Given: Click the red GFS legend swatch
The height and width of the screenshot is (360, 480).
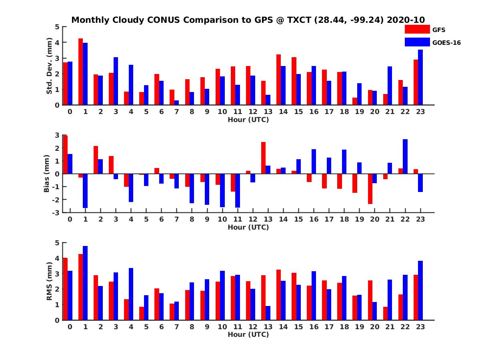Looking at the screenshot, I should click(417, 30).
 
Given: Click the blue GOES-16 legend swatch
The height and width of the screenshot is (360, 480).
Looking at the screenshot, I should click(417, 42).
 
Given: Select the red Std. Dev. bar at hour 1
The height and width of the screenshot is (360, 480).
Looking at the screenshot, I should click(81, 72).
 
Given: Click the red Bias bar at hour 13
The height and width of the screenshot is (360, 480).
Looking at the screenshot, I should click(263, 158).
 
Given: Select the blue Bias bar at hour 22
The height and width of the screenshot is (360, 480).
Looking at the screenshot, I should click(405, 156).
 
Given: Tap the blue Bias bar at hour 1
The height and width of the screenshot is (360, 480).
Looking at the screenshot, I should click(85, 191).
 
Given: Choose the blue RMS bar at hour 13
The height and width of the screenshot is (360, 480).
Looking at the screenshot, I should click(268, 313).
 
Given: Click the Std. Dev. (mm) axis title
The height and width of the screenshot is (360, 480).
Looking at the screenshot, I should click(50, 66).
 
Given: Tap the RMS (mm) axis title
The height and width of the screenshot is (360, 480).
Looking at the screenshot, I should click(50, 282).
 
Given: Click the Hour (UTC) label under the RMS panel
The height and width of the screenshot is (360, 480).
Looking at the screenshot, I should click(248, 335).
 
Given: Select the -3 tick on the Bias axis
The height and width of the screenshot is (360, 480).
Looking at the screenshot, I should click(56, 213).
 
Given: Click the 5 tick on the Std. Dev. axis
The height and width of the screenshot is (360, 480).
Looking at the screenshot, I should click(58, 27).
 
